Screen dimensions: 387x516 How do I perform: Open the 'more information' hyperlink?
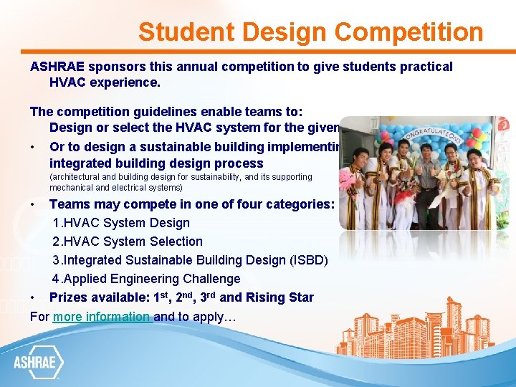point(102,316)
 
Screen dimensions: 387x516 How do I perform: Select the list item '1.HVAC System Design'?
point(121,223)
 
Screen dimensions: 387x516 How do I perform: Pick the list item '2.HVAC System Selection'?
point(128,242)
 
